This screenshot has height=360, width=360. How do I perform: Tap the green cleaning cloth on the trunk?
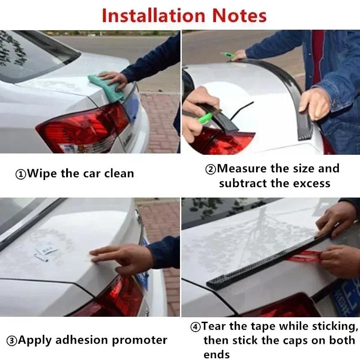107,87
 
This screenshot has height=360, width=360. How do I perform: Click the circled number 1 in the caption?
21,174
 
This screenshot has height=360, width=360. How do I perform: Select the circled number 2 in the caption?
211,170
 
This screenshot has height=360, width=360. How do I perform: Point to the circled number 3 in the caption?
12,341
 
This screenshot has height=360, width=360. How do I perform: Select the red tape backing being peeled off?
306,257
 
